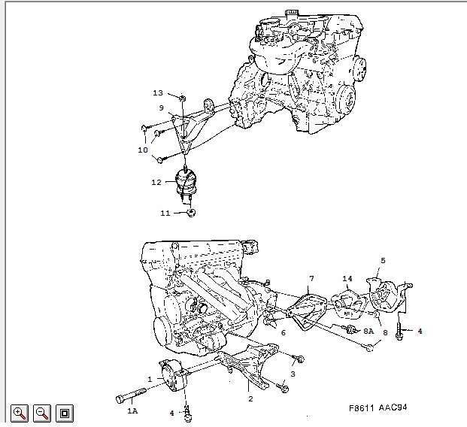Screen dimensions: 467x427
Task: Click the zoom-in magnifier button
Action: coord(20,413)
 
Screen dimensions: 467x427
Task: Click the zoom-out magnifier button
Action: coord(42,413)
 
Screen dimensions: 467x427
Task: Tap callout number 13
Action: coord(158,93)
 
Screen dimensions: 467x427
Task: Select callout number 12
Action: coord(156,182)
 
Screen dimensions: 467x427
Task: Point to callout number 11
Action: coord(165,214)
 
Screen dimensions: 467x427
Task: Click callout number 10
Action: coord(143,150)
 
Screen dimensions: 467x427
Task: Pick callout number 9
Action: coord(162,108)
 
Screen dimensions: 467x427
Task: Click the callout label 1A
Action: coord(133,411)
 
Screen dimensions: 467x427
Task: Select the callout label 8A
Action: coord(368,331)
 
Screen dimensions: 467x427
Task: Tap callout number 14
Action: coord(347,279)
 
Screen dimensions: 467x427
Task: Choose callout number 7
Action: coord(311,279)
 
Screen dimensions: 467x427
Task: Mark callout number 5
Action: coord(383,261)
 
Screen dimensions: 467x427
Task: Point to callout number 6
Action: coord(284,332)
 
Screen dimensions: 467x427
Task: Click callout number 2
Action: coord(250,398)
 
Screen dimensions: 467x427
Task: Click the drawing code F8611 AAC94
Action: coord(378,407)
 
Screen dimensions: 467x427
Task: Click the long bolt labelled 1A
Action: coord(131,395)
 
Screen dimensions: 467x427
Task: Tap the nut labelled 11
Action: coord(191,213)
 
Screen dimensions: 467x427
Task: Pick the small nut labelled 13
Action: coord(183,98)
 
